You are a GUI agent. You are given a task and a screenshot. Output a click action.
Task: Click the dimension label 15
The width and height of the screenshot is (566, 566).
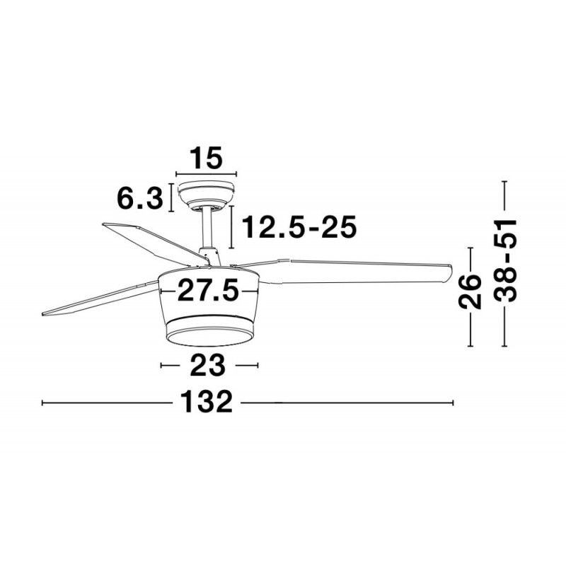(206, 158)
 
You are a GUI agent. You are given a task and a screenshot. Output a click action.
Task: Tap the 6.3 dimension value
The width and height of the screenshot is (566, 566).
(139, 198)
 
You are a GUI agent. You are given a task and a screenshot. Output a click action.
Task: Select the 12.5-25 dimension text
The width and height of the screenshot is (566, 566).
(299, 227)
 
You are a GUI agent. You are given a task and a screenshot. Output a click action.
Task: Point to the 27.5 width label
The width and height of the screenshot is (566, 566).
(208, 291)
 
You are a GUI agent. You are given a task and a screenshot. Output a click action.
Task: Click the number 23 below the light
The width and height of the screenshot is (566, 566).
(207, 365)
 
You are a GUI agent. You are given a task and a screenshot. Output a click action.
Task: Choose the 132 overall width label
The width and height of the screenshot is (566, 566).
(206, 402)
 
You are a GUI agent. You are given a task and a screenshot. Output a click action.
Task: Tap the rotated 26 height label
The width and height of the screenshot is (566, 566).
(470, 291)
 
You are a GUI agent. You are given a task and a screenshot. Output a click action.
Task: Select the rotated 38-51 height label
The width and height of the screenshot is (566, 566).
(505, 260)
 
